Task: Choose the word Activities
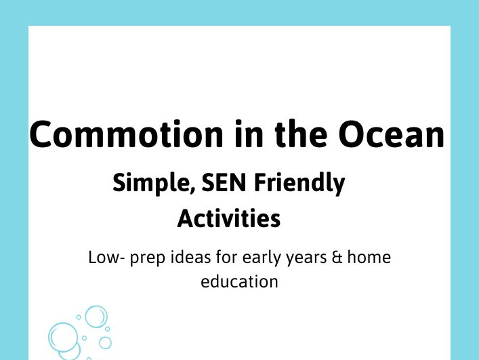(x=228, y=219)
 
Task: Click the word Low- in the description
(x=104, y=258)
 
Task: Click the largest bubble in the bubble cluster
(x=64, y=337)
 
